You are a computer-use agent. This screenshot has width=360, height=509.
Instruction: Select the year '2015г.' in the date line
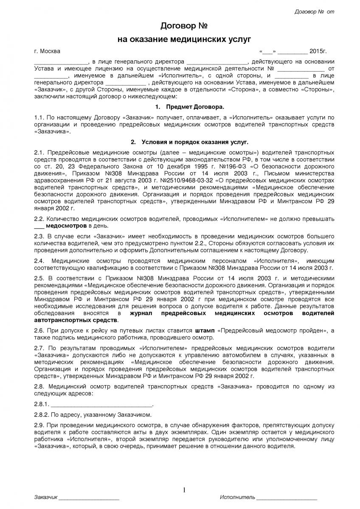point(318,51)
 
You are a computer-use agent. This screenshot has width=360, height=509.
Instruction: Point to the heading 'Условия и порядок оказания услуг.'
point(194,141)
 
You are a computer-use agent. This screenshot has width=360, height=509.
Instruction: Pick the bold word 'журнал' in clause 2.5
point(142,313)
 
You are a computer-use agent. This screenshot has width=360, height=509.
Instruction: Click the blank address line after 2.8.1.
point(102,404)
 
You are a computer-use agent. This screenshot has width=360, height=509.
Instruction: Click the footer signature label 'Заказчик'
point(45,497)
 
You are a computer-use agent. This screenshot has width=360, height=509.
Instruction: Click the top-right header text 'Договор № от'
point(314,11)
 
